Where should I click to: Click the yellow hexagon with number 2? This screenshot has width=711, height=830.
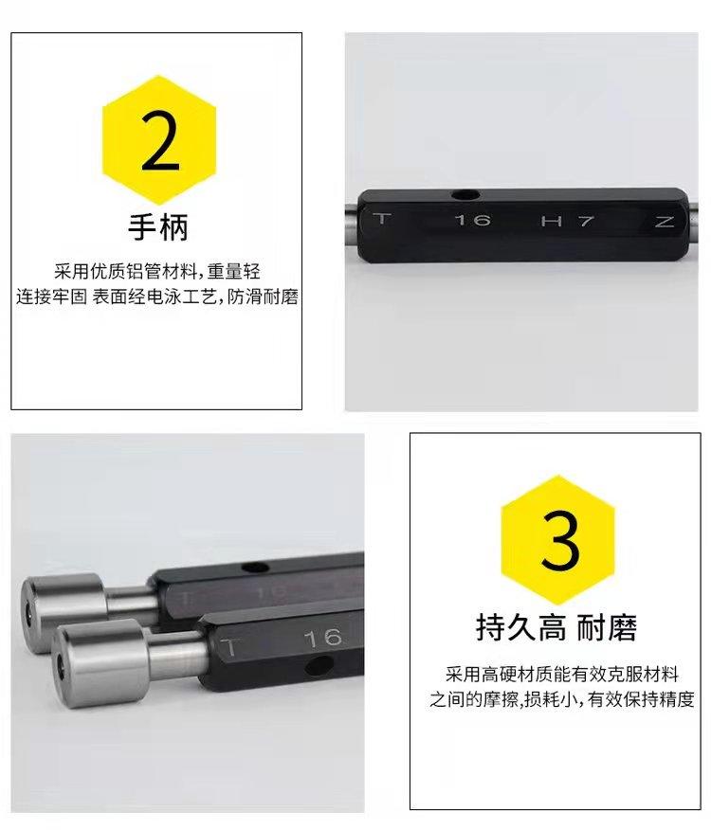coord(159,139)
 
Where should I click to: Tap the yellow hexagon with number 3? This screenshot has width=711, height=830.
coord(557,539)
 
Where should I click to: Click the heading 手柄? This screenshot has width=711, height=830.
coord(158,227)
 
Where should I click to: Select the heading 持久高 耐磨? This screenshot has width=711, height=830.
coord(556,628)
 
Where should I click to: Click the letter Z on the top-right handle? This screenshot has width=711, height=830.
coord(664,222)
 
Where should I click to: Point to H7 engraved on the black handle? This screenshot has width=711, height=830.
coord(568,221)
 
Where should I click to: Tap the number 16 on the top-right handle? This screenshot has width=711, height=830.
coord(473,220)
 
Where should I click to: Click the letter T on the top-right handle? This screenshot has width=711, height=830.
coord(382,219)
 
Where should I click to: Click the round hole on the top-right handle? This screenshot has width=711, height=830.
coord(465,196)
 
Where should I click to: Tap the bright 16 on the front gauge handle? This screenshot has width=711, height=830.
coord(323,638)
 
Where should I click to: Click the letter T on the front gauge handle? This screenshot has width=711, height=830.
coord(229,648)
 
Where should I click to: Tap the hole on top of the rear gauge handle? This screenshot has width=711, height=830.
coord(255,568)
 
